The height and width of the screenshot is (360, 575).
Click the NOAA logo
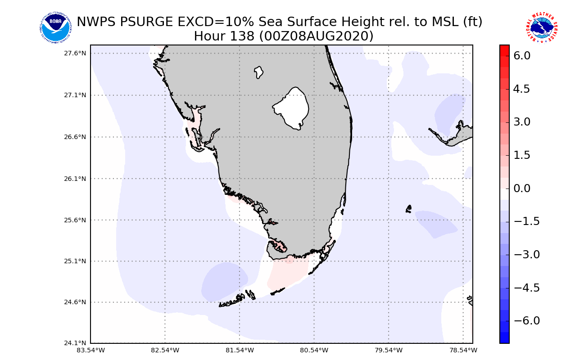[x=55, y=28]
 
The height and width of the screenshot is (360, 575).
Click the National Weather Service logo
[x=542, y=28]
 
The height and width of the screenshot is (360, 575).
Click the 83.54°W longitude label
[x=91, y=350]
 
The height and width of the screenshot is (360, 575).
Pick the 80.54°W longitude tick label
[x=314, y=350]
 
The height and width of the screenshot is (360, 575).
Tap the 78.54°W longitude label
[x=463, y=350]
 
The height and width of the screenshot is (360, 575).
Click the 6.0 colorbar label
[x=521, y=56]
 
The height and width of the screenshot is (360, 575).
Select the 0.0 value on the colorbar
[x=521, y=188]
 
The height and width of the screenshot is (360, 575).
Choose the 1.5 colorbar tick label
[x=521, y=155]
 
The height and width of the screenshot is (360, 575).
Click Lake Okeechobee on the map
[x=292, y=108]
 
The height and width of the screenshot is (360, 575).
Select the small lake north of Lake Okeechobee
[x=258, y=72]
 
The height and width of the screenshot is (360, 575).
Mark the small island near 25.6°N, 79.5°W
[x=408, y=209]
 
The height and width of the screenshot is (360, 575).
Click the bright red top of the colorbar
[x=504, y=49]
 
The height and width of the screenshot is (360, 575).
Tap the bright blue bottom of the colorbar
[x=504, y=338]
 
